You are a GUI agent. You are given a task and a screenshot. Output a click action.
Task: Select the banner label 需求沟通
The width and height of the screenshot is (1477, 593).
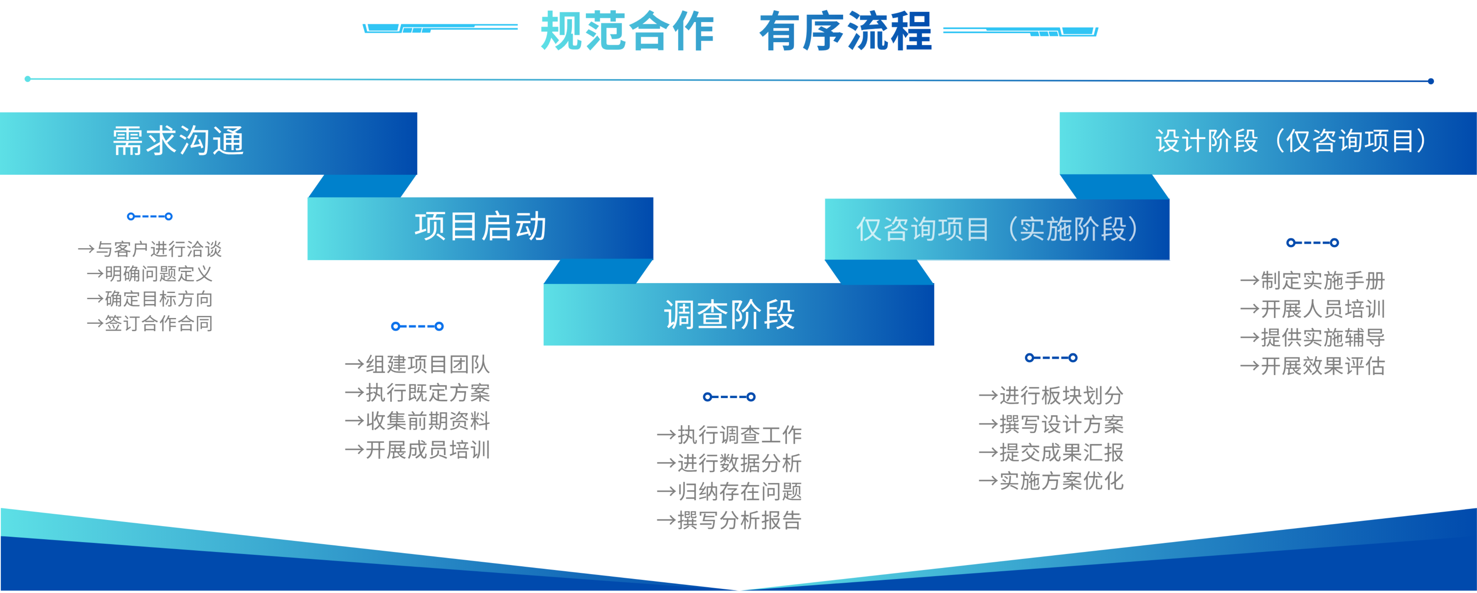178,141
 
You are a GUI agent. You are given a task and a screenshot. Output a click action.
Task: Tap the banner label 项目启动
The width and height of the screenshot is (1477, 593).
481,227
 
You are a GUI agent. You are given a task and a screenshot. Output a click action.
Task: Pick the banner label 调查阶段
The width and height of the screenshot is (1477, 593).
729,315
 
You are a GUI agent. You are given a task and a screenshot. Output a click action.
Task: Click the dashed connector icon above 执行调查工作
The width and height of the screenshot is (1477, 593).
729,397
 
